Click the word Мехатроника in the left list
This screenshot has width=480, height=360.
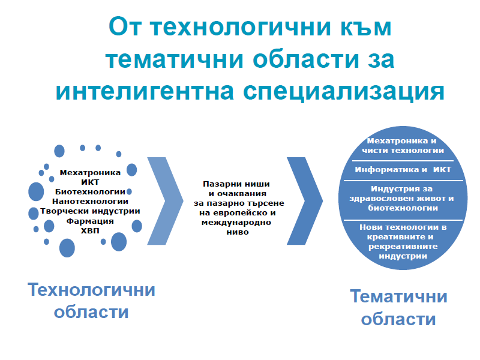point(90,173)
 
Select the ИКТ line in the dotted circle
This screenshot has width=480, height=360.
point(90,182)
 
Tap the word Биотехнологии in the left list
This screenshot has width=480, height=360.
point(90,192)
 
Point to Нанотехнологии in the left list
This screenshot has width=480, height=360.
point(90,202)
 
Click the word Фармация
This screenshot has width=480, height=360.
point(90,221)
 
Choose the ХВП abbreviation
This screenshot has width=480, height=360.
point(90,230)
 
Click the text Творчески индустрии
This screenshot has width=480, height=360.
point(90,211)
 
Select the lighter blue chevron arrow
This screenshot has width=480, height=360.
point(166,201)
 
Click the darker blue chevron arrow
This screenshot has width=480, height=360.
point(305,201)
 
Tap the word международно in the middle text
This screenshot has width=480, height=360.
point(236,223)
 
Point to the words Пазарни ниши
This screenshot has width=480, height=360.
point(236,184)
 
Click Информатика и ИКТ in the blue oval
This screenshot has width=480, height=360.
point(403,170)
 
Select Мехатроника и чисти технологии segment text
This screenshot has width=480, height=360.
point(403,146)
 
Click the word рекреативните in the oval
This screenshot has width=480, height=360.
point(403,247)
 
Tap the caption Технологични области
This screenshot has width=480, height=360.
point(91,301)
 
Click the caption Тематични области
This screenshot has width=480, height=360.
point(398,308)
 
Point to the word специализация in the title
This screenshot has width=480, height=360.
point(343,91)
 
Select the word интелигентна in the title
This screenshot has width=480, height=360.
point(145,91)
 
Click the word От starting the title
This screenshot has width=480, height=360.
point(125,27)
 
